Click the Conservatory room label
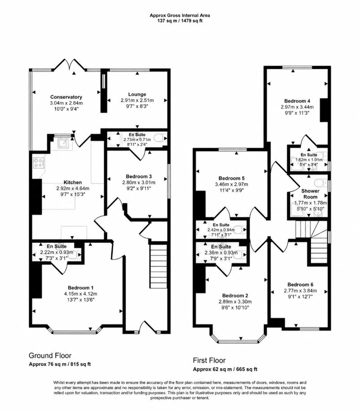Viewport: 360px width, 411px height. coord(66,97)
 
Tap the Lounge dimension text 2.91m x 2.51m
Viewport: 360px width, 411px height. coord(137,100)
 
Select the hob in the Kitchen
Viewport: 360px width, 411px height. coord(38,162)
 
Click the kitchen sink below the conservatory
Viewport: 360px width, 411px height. coord(63,144)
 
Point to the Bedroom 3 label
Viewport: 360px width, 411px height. coord(139,176)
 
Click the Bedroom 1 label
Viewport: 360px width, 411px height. coord(81,288)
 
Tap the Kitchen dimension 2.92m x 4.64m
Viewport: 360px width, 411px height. coord(73,189)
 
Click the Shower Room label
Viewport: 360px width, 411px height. coord(310,194)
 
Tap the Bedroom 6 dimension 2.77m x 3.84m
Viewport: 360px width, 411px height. coord(300,291)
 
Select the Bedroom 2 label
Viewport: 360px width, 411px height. coord(235,296)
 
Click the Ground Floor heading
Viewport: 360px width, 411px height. coord(50,356)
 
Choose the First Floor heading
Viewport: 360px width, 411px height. coord(209,361)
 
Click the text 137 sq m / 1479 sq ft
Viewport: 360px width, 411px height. coord(180,21)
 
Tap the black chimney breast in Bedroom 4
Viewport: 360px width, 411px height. coord(324,110)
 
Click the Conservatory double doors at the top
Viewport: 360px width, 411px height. coord(70,65)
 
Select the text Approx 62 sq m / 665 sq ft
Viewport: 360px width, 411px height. coord(225,369)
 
